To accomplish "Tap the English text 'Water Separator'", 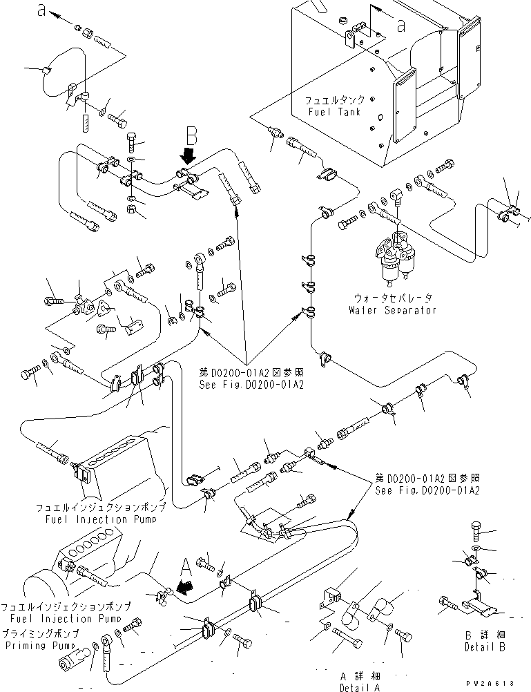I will click(x=393, y=310).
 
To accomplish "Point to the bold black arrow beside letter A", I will click(x=182, y=588).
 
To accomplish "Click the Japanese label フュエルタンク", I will click(x=336, y=100).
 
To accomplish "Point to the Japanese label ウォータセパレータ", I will click(x=394, y=298).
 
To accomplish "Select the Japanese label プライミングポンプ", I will click(x=40, y=633).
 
